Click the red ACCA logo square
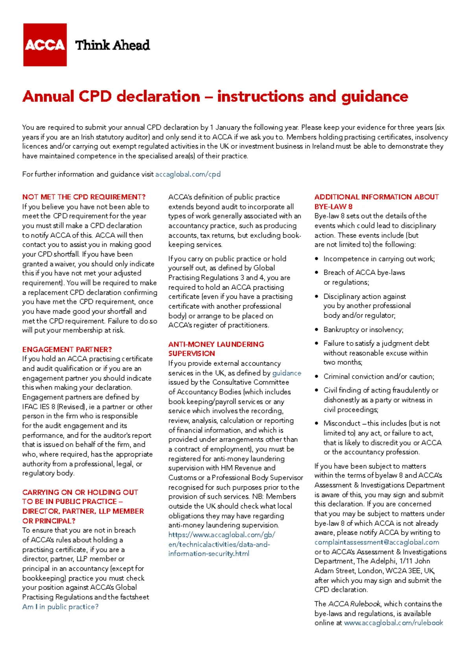45,45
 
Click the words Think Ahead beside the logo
112,45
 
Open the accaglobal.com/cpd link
188,174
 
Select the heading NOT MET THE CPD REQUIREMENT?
84,197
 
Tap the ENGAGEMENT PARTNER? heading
67,349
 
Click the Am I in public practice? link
60,607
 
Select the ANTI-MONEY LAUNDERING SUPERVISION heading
216,349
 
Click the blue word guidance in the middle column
287,373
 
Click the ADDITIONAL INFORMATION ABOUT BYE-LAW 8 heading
376,201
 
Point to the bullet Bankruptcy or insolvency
363,330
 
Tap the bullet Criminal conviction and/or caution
378,377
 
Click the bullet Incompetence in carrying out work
379,259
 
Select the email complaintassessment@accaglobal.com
376,542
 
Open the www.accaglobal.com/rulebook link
393,623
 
